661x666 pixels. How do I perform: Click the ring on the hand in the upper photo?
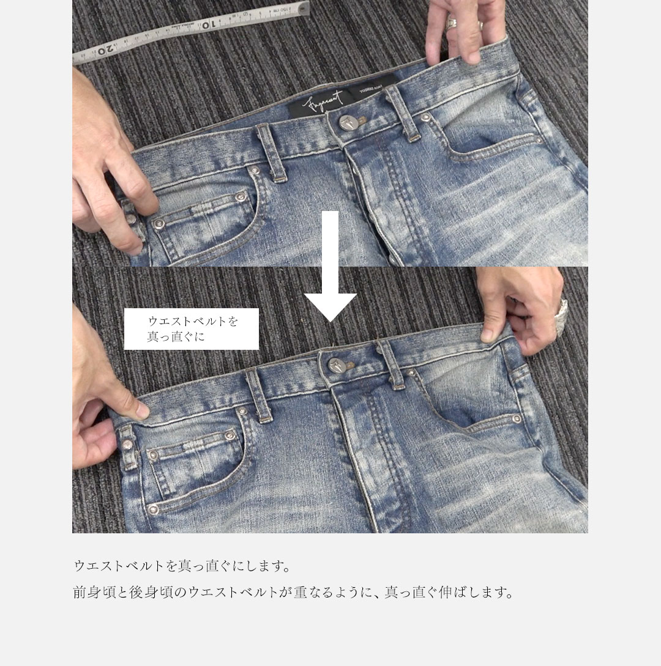pyautogui.click(x=451, y=23)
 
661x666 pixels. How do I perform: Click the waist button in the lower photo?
pyautogui.click(x=336, y=365)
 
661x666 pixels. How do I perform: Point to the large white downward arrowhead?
pyautogui.click(x=330, y=306)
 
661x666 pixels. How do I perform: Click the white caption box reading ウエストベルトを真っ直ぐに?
pyautogui.click(x=191, y=329)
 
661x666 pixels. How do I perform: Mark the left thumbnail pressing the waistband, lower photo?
pyautogui.click(x=141, y=410)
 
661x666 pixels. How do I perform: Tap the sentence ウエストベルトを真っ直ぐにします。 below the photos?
pyautogui.click(x=181, y=566)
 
